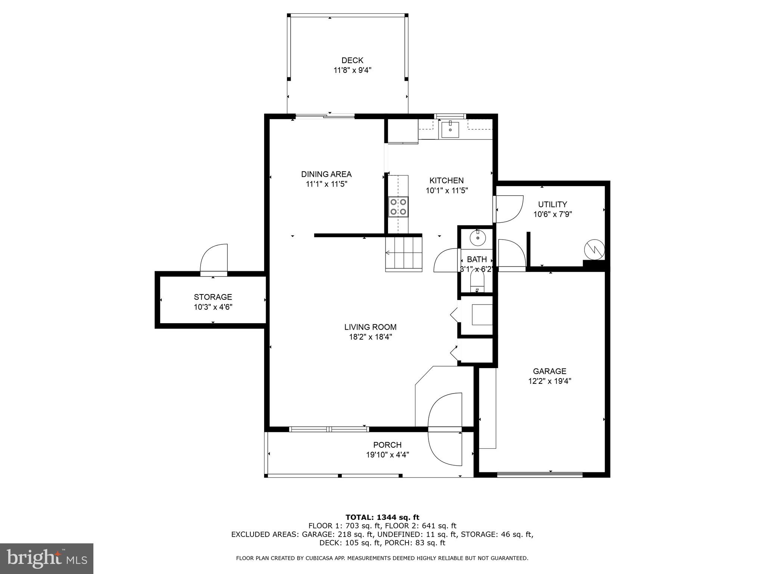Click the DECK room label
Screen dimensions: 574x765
[352, 60]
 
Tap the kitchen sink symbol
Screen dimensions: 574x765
[450, 129]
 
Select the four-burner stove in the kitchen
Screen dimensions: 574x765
[398, 207]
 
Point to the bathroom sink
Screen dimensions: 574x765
[478, 238]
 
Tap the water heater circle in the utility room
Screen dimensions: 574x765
[594, 249]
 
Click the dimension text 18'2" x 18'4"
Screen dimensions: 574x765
[370, 337]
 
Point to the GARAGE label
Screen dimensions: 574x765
[549, 371]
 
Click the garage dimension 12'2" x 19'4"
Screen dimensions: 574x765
[549, 381]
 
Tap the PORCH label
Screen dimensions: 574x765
[387, 445]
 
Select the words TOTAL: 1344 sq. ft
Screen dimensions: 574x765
[382, 517]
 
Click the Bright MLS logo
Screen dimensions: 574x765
[46, 558]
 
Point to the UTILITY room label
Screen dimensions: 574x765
[552, 204]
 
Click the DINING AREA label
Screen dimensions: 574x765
[326, 174]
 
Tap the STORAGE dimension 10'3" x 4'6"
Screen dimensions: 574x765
[213, 307]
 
